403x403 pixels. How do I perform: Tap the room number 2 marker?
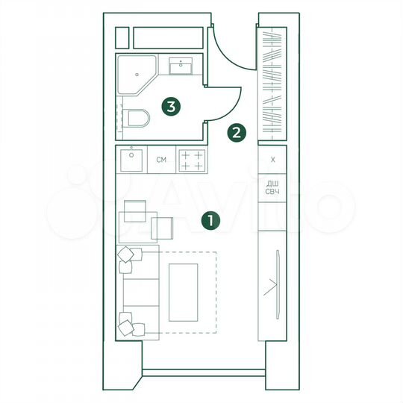237,134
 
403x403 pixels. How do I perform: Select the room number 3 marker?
172,107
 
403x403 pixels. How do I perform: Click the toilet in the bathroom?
139,117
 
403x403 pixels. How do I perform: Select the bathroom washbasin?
181,67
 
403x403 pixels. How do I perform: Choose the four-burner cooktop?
191,160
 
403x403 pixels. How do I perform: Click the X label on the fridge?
272,160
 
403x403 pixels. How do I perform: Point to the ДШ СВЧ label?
272,188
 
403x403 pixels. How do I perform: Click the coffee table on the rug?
183,291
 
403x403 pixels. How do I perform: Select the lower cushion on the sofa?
129,325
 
